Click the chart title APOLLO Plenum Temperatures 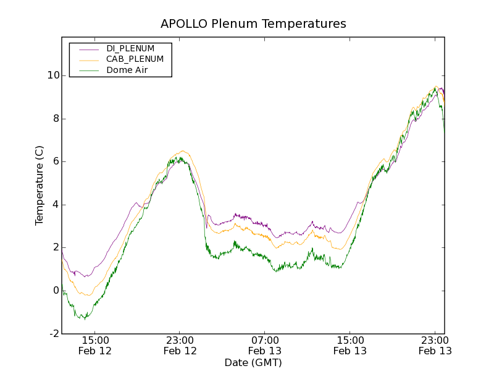coord(253,24)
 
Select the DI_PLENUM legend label coord(130,48)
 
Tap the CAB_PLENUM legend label coord(135,59)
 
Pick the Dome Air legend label coord(127,70)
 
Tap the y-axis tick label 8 coord(56,119)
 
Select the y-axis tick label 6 coord(56,161)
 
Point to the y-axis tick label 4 coord(56,205)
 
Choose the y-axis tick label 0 coord(56,291)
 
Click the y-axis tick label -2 coord(54,334)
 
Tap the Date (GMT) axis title coord(253,362)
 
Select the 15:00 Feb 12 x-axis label coord(95,345)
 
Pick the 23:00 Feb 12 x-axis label coord(180,345)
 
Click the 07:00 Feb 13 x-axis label coord(265,345)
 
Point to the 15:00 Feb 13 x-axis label coord(350,345)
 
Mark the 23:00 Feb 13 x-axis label coord(435,345)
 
